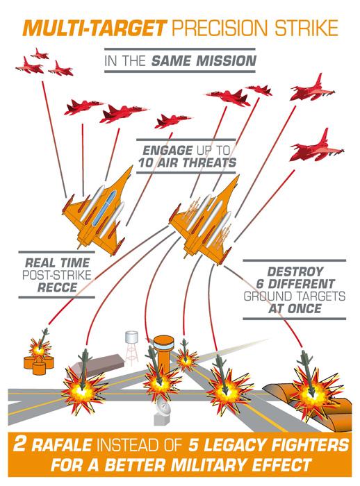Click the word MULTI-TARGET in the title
coord(95,28)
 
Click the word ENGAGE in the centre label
coord(167,151)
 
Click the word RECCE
coord(57,287)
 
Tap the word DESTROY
coord(295,272)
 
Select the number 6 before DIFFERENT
coord(260,284)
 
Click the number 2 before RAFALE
coord(20,444)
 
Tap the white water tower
coord(131,348)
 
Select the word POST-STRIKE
coord(57,275)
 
